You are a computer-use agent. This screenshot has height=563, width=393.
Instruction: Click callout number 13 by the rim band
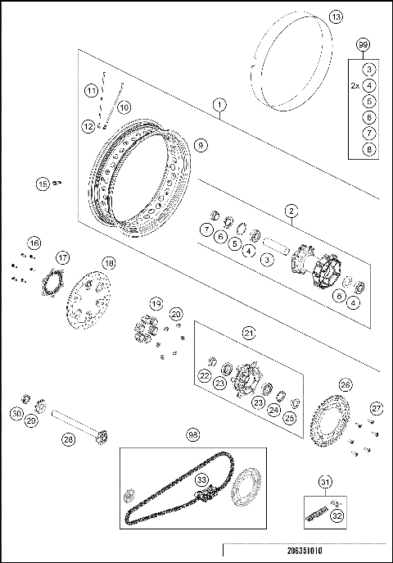[x=335, y=17]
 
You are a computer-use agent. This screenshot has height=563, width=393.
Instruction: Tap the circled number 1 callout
[x=219, y=104]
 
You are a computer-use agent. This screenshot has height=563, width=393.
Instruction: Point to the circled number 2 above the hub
[x=291, y=211]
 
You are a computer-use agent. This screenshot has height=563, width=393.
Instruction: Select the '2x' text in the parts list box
[x=354, y=85]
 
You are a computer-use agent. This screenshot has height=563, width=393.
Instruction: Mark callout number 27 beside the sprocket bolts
[x=376, y=408]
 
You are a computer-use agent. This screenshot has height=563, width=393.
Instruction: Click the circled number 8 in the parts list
[x=369, y=149]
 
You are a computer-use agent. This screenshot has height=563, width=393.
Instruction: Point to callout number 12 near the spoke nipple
[x=88, y=125]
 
